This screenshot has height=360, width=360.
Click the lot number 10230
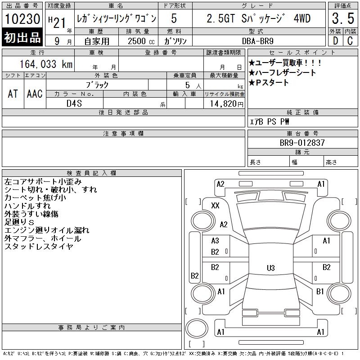[22, 18]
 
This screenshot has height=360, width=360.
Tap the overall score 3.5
[343, 18]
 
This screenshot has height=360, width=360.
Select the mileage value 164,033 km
[46, 64]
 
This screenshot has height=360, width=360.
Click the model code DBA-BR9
[257, 41]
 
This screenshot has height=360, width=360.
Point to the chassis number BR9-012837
[302, 143]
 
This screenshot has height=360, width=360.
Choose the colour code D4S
[74, 103]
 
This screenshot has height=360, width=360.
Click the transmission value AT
[13, 94]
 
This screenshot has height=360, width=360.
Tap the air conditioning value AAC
[35, 94]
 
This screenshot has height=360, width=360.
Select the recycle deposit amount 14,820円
[226, 104]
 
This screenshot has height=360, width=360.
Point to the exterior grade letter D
[335, 41]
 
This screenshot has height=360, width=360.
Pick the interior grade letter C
[350, 41]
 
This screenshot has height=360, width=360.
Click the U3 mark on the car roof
[271, 268]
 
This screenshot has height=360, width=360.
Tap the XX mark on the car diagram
[215, 205]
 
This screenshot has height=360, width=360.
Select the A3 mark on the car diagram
[215, 241]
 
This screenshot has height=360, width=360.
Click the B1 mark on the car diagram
[320, 292]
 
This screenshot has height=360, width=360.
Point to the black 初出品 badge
[22, 37]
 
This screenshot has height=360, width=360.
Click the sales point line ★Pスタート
[269, 83]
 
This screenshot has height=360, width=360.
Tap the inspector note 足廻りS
[19, 222]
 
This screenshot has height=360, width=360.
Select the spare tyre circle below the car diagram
[197, 328]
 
